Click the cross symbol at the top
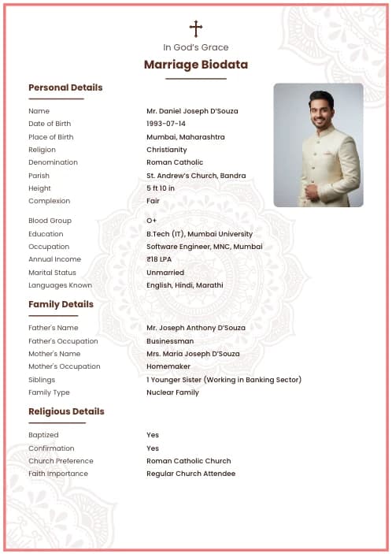pos(196,28)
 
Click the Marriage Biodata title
pos(196,65)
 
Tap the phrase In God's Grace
pos(196,47)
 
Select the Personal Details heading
pos(65,87)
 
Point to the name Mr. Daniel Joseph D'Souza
pos(192,111)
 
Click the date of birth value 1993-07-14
pos(166,124)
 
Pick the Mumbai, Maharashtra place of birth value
pos(185,137)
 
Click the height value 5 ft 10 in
pos(161,188)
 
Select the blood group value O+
pos(151,221)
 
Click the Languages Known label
pos(60,285)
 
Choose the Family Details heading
pos(61,304)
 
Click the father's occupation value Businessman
pos(170,341)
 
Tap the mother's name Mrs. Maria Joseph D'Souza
pos(193,354)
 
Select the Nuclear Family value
pos(172,392)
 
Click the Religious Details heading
pos(66,411)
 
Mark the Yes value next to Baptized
pos(153,435)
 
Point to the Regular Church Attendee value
pos(190,474)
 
